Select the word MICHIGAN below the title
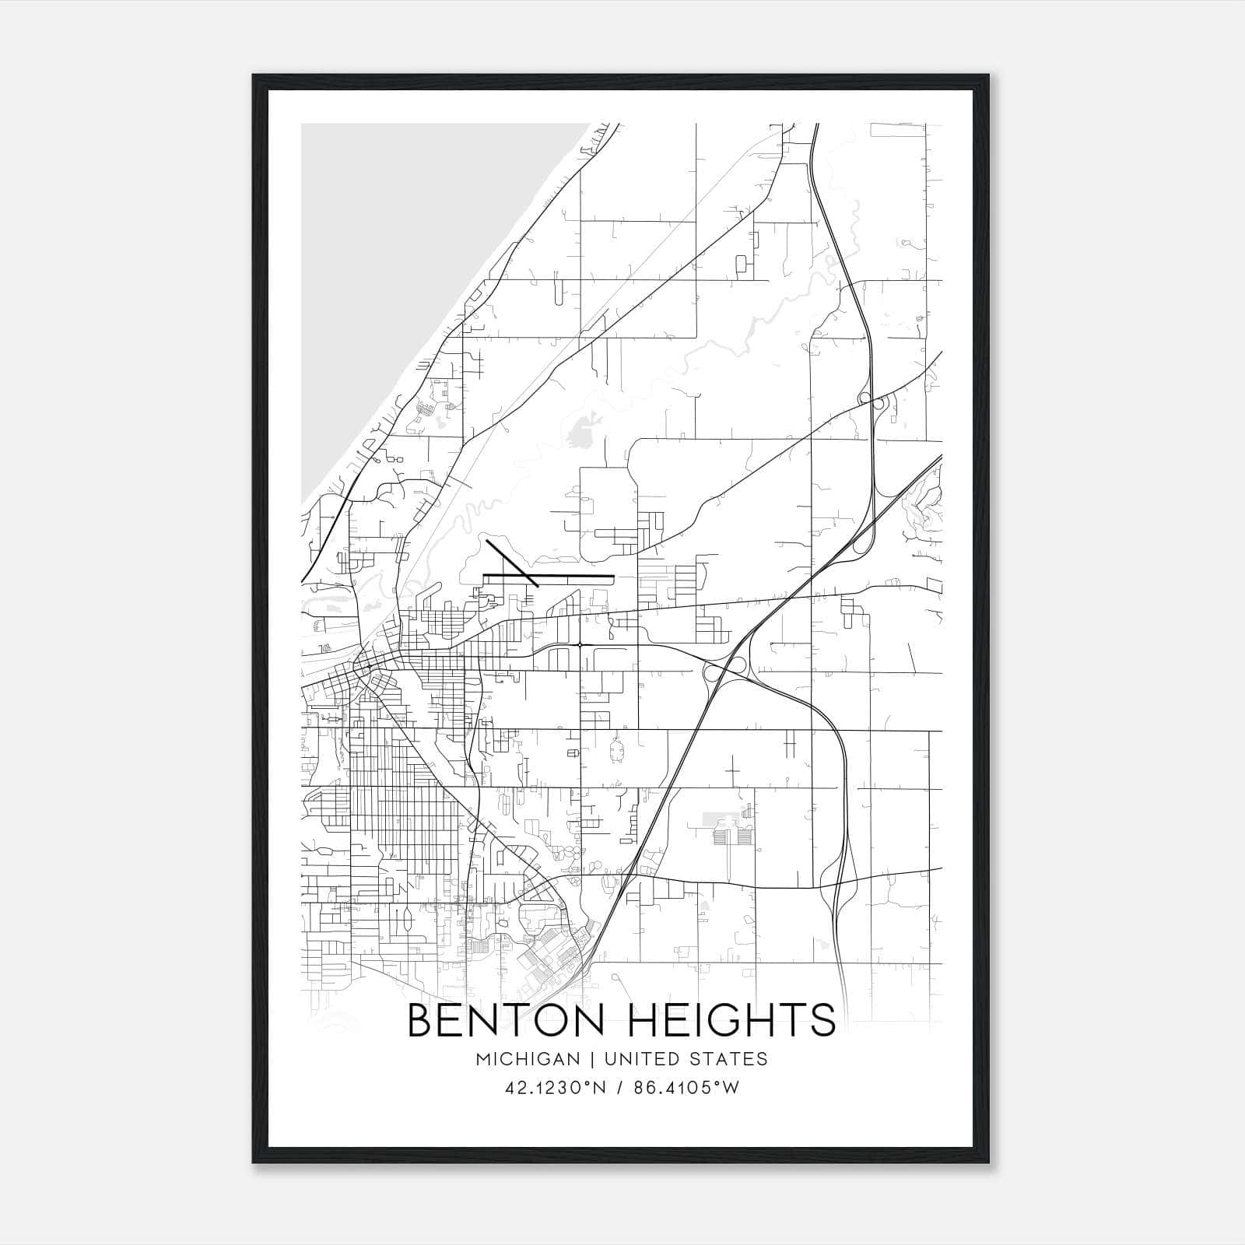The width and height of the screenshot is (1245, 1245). coord(529,1058)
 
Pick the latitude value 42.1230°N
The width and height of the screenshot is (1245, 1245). coord(553,1088)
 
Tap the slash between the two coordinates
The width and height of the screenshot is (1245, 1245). coord(619,1088)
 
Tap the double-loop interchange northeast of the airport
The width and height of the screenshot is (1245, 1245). coord(871,402)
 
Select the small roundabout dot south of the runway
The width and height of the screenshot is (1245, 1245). coord(580,644)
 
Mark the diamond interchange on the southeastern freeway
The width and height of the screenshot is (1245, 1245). coord(840,883)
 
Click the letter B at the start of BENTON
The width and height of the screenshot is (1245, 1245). coord(420,1020)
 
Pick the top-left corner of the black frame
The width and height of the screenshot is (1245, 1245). coord(254,75)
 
